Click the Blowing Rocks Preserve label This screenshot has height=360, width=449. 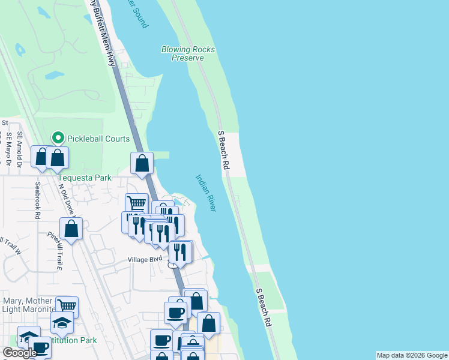[x=188, y=53]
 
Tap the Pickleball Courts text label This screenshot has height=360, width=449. [x=98, y=139]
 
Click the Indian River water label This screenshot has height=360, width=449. [x=205, y=193]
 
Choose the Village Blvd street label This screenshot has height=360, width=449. [x=145, y=259]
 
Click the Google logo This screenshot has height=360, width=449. [x=19, y=353]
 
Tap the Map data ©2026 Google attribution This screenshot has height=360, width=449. [x=412, y=355]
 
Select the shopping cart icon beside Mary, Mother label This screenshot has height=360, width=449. [x=67, y=307]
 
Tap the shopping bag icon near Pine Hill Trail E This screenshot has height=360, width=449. [x=71, y=229]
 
